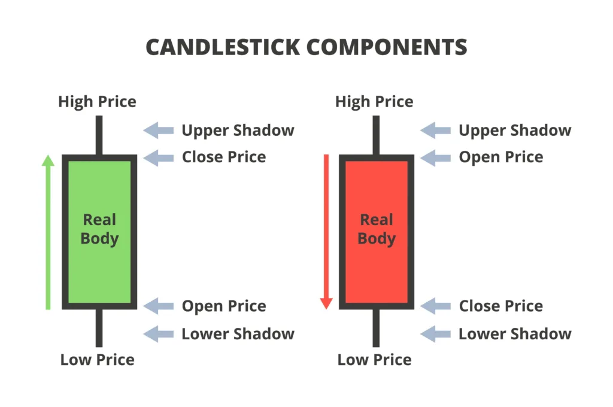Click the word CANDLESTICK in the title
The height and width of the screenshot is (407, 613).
click(x=223, y=47)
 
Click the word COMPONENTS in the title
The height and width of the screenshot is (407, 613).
click(x=387, y=47)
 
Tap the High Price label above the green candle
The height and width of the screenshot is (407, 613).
click(x=98, y=102)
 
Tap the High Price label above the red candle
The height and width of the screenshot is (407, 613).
click(x=374, y=102)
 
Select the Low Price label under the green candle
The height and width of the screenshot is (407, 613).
click(x=98, y=360)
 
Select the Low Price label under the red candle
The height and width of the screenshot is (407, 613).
click(x=374, y=360)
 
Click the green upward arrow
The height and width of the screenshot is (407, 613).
click(x=48, y=232)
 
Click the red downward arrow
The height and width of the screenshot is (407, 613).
click(x=326, y=232)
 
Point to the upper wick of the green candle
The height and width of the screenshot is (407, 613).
click(x=99, y=135)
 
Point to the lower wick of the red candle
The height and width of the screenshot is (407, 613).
click(x=376, y=327)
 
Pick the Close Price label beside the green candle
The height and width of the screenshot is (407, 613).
click(x=224, y=157)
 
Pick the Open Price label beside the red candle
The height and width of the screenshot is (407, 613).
click(x=501, y=157)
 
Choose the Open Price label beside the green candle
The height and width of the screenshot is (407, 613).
click(x=224, y=306)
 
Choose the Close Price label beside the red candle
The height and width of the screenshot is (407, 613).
click(x=501, y=306)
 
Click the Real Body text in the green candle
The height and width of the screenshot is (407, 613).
click(x=100, y=229)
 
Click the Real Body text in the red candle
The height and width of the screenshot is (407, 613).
click(x=377, y=229)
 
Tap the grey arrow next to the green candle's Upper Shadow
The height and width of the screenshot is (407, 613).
click(x=158, y=130)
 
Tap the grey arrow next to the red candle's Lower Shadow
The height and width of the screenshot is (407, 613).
click(x=436, y=334)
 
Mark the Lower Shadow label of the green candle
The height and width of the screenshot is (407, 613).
click(x=238, y=334)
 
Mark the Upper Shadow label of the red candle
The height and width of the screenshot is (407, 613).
click(x=515, y=130)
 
